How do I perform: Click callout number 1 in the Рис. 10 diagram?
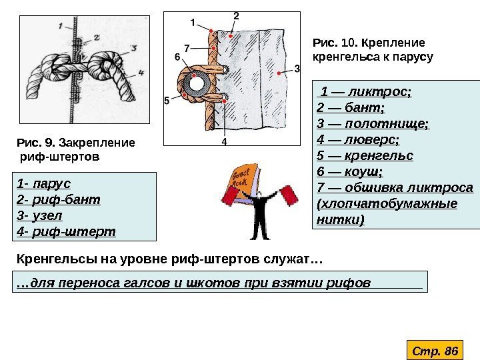(193, 21)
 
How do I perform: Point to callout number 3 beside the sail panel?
(297, 68)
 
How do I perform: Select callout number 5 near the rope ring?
(167, 101)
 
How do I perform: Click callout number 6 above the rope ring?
(177, 57)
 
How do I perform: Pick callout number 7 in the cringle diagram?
(187, 47)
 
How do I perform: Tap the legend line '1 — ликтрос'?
(366, 90)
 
